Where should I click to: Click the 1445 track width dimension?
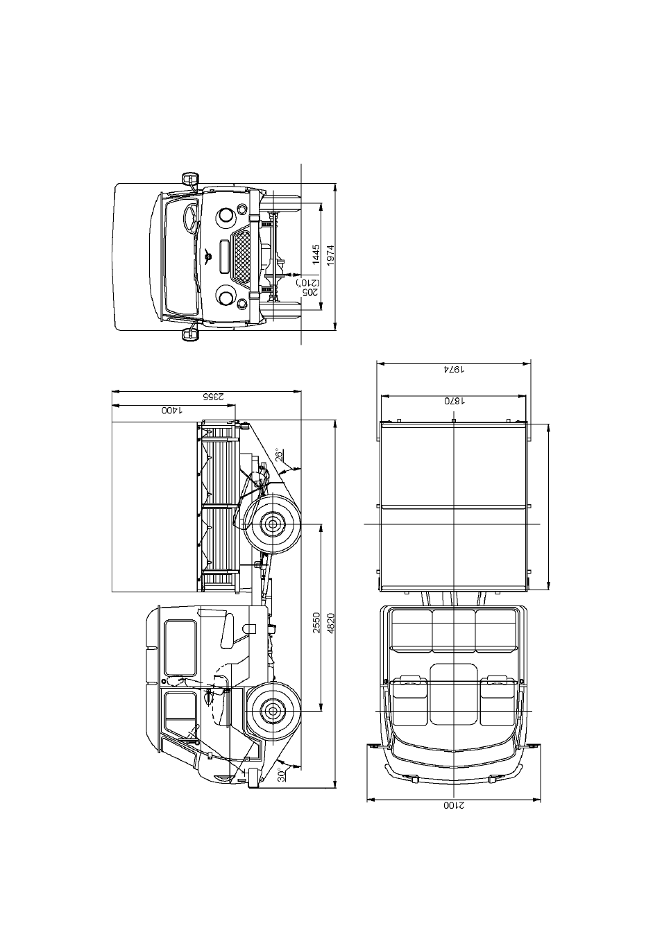pos(316,255)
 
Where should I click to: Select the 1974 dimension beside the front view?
pos(330,255)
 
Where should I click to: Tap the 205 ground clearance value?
pos(316,293)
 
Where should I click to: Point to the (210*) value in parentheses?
pos(303,283)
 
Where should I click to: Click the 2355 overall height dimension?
pos(214,396)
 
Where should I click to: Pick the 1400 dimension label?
pos(172,411)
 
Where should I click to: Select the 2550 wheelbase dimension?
pos(316,623)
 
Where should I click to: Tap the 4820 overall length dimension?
pos(330,623)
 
